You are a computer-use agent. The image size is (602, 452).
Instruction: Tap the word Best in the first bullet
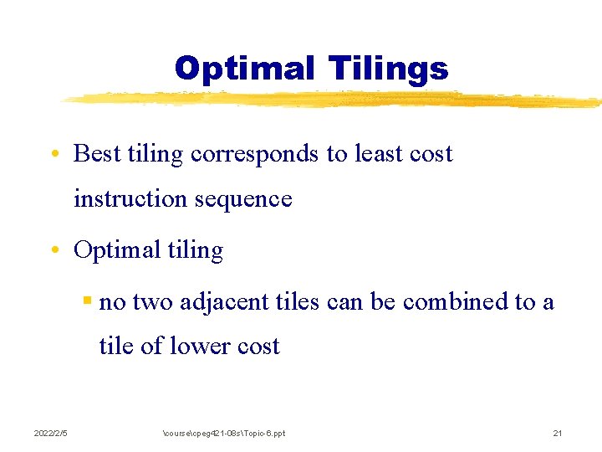click(96, 154)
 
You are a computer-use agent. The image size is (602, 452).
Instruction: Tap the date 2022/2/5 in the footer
click(50, 433)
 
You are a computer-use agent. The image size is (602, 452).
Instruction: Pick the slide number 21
click(558, 433)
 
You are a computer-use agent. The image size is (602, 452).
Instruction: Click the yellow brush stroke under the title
click(334, 100)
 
